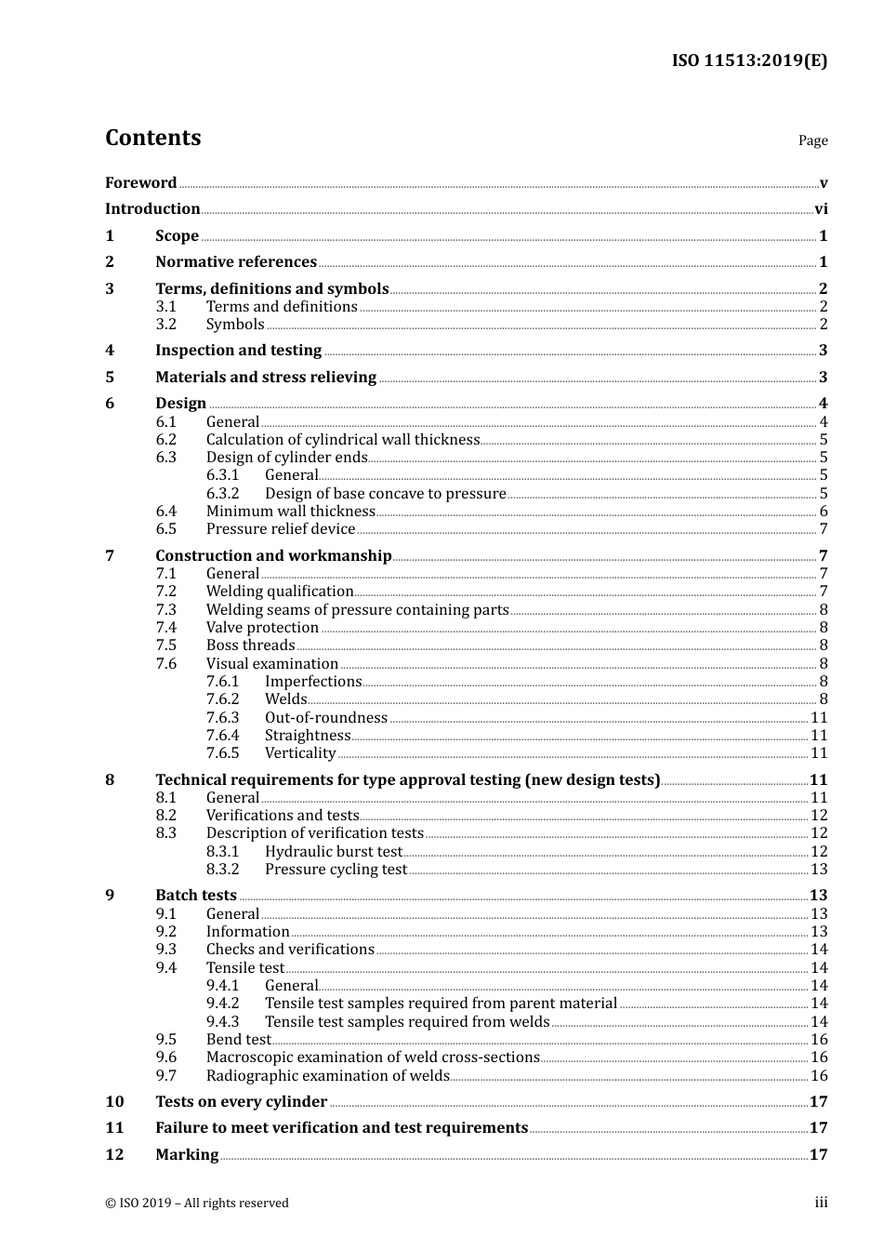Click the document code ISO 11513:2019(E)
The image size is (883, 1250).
coord(749,60)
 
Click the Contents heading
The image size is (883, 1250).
coord(152,138)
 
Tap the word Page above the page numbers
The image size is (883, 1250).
coord(812,140)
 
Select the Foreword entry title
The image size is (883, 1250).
coord(140,182)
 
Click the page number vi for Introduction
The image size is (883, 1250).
coord(821,209)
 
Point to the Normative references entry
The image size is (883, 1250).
coord(236,262)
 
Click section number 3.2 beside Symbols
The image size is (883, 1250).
coord(165,325)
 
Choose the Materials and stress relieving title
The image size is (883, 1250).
coord(266,378)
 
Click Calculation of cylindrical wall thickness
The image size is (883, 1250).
coord(343,440)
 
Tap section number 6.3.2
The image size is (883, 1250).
coord(222,494)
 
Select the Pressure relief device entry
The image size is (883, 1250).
coord(281,529)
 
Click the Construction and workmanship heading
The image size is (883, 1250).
coord(273,556)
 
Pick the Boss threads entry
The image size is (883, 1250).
coord(250,645)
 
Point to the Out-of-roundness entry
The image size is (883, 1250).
coord(325,718)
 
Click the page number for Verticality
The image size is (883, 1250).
coord(819,753)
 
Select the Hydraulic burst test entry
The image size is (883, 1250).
coord(333,852)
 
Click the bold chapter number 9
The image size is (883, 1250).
coord(110,896)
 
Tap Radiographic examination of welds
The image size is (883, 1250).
coord(327,1076)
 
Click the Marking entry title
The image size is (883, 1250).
coord(187,1155)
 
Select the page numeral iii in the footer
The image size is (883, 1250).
coord(821,1203)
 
